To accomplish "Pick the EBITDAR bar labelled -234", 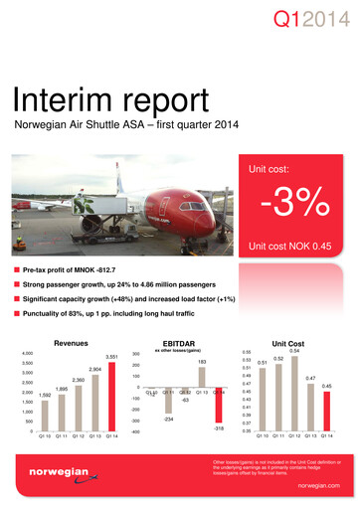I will pos(170,401).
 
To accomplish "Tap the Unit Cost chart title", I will pos(295,340).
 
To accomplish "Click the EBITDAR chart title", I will pos(187,340).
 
